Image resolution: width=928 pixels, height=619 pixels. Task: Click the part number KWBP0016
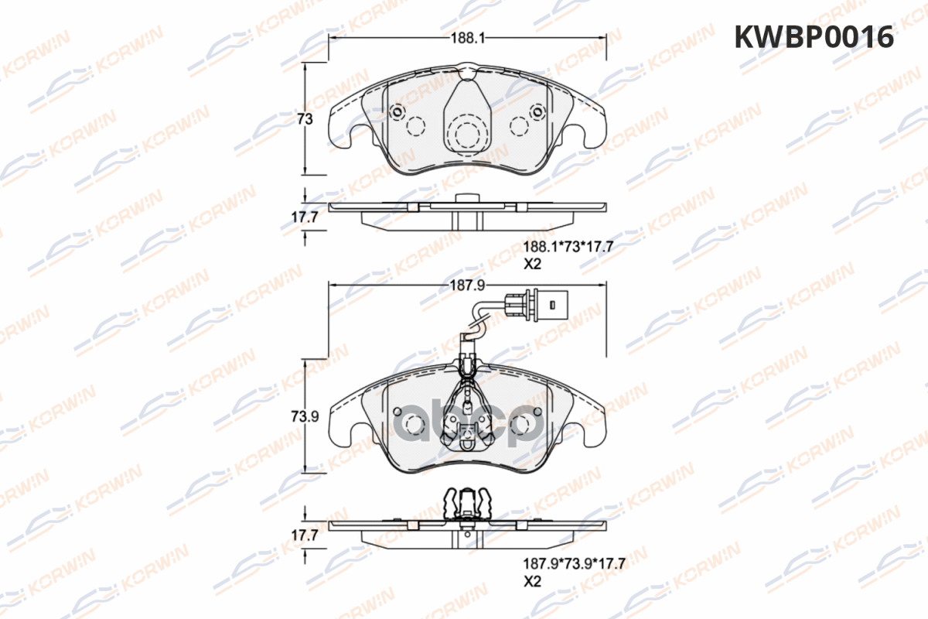[x=814, y=37]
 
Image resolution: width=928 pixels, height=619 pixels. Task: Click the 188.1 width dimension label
[x=467, y=38]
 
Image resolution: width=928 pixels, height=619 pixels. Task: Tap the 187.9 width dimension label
[x=467, y=286]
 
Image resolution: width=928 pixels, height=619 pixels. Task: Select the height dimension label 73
[x=305, y=119]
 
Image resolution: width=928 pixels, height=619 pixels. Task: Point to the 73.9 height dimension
[x=305, y=416]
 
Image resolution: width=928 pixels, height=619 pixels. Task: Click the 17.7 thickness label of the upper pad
[x=305, y=217]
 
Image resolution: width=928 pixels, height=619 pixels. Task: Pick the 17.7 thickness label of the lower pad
[x=305, y=535]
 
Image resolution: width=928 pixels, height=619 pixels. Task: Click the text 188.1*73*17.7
[x=568, y=247]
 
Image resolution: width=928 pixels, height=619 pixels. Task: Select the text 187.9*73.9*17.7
[x=574, y=564]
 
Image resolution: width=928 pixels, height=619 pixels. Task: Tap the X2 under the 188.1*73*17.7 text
[x=532, y=264]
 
